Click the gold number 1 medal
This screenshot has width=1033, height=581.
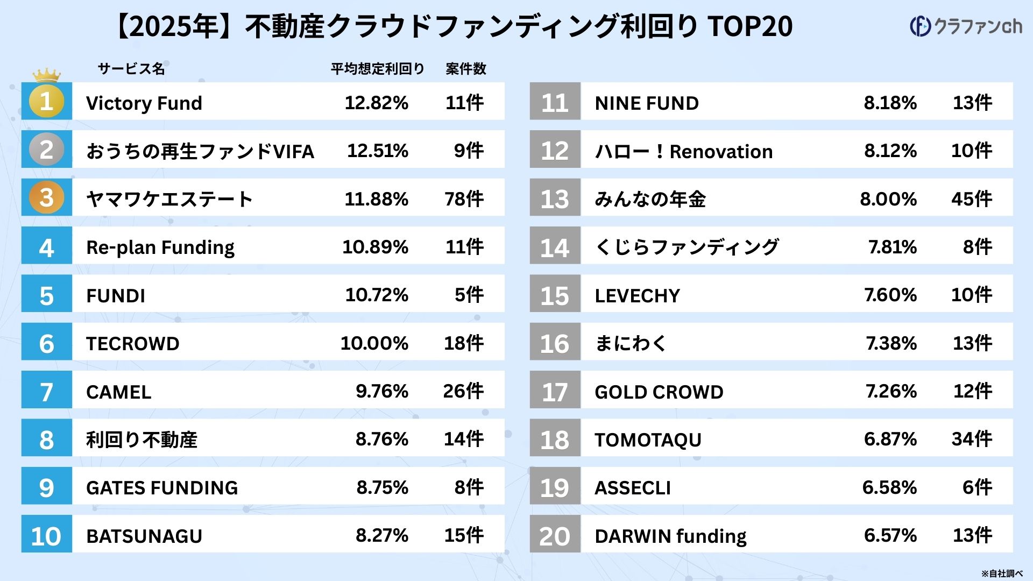pyautogui.click(x=46, y=101)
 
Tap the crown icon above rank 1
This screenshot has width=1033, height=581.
pyautogui.click(x=46, y=75)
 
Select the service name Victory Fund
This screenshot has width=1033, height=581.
pyautogui.click(x=144, y=103)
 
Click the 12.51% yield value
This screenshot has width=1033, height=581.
pyautogui.click(x=377, y=151)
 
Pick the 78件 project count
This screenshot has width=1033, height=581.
pyautogui.click(x=464, y=199)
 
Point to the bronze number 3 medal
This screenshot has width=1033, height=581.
pyautogui.click(x=46, y=197)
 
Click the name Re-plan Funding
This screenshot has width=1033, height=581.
pyautogui.click(x=160, y=247)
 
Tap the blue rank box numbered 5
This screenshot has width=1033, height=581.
pyautogui.click(x=46, y=294)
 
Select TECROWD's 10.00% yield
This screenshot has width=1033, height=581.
pyautogui.click(x=374, y=343)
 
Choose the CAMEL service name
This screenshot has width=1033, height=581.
pyautogui.click(x=118, y=392)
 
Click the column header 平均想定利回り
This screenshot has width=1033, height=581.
pyautogui.click(x=377, y=69)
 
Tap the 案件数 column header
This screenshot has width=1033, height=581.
pyautogui.click(x=465, y=69)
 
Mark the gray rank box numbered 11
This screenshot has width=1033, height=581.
pyautogui.click(x=555, y=102)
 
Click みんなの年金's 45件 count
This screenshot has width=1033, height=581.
pyautogui.click(x=971, y=199)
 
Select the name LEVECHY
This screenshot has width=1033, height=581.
pyautogui.click(x=637, y=295)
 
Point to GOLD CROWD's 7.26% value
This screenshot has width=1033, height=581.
pyautogui.click(x=891, y=391)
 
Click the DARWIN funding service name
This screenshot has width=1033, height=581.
pyautogui.click(x=670, y=536)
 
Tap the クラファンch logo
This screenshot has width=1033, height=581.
pyautogui.click(x=966, y=26)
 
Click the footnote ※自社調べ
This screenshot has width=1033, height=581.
pyautogui.click(x=1001, y=573)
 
